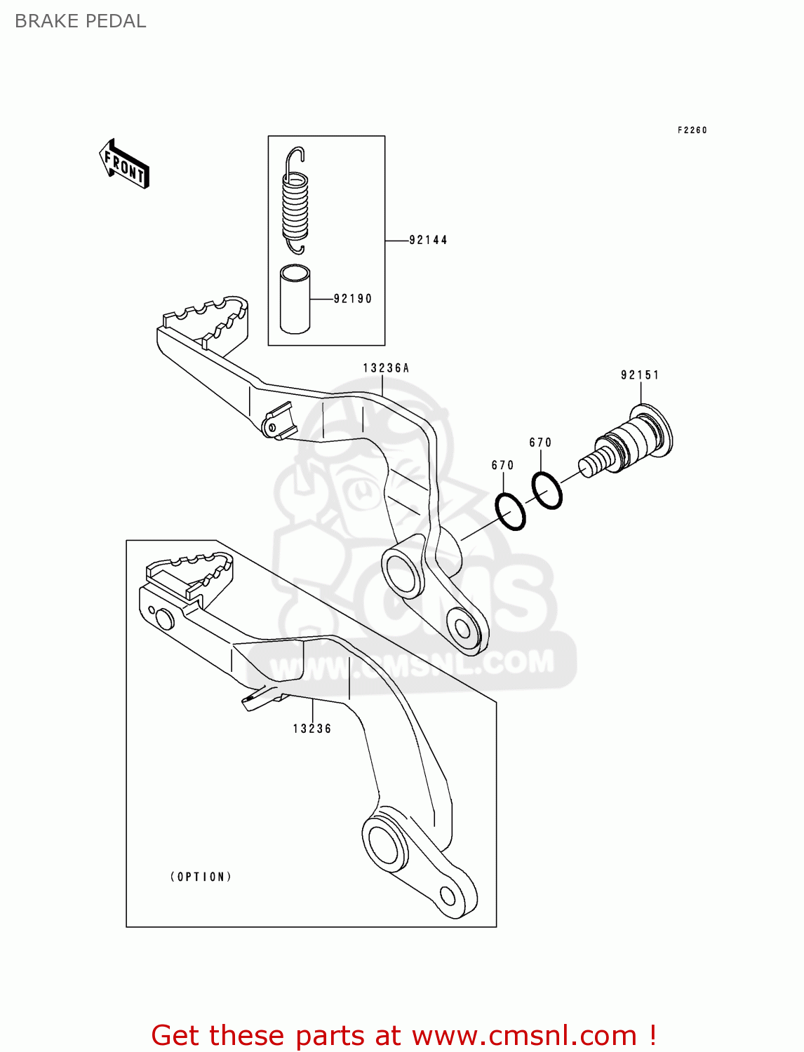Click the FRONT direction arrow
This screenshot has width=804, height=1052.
click(124, 165)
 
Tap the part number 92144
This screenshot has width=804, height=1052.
click(428, 240)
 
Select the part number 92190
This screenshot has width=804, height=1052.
click(352, 299)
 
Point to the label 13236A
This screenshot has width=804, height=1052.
click(386, 368)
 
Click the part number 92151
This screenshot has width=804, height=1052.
click(640, 375)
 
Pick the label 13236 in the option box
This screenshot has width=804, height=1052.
click(312, 729)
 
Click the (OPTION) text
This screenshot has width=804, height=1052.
click(201, 877)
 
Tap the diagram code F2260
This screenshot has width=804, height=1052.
click(692, 130)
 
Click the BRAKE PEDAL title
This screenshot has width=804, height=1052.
click(81, 21)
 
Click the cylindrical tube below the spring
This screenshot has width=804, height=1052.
click(295, 299)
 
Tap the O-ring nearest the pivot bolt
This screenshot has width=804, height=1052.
click(547, 490)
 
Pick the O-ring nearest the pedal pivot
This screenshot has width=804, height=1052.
click(510, 512)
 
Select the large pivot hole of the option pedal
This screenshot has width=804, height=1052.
click(384, 844)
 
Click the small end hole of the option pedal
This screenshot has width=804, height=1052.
click(448, 896)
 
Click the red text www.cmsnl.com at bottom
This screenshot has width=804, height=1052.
click(523, 1036)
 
